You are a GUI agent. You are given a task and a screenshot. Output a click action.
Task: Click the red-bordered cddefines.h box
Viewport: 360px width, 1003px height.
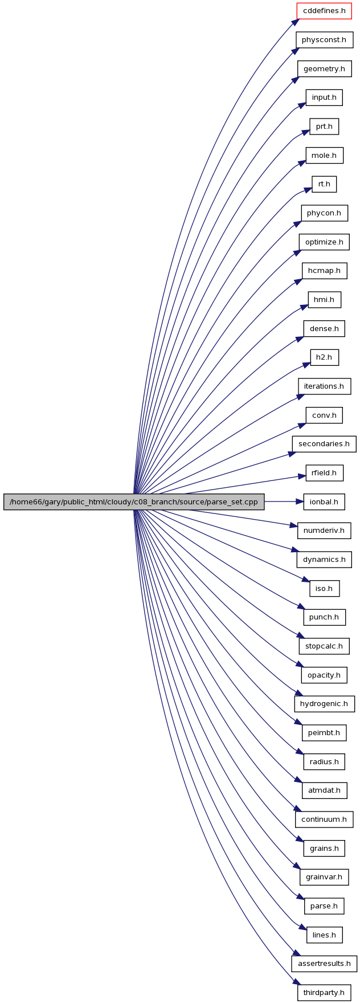point(324,11)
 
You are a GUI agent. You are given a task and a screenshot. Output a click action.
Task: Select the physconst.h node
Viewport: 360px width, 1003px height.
point(324,40)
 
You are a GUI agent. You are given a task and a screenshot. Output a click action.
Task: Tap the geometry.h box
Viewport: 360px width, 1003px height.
point(324,68)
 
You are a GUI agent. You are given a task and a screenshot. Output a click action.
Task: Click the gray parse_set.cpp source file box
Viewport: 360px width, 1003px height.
point(134,502)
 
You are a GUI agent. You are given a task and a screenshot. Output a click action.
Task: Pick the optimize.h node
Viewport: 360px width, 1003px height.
point(324,242)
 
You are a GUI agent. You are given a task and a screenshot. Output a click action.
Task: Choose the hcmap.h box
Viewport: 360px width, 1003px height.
point(324,271)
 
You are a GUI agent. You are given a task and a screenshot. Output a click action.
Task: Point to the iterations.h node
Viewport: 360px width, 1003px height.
point(324,386)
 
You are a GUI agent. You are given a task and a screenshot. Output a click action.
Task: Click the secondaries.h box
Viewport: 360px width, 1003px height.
point(324,444)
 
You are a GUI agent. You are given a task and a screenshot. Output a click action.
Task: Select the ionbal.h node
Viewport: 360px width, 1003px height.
point(324,502)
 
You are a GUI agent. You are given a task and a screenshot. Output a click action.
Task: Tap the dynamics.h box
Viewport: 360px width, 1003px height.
point(324,559)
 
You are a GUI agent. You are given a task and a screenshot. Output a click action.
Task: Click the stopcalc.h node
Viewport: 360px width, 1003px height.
point(324,646)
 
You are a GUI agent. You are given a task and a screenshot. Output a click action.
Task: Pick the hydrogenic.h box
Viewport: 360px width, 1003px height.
point(324,703)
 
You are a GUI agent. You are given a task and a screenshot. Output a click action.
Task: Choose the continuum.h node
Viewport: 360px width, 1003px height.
point(324,819)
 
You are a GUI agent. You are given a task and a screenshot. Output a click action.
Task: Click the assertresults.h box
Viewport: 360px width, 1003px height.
point(324,963)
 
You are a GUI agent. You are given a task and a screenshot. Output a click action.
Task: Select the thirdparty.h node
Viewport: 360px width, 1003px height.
point(324,992)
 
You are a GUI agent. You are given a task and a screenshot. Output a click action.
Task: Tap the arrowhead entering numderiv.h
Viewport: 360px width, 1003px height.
point(293,526)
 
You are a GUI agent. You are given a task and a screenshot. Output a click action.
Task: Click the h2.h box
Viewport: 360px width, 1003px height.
point(324,357)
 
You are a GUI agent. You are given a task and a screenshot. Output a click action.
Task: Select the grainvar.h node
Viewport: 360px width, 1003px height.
point(324,876)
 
